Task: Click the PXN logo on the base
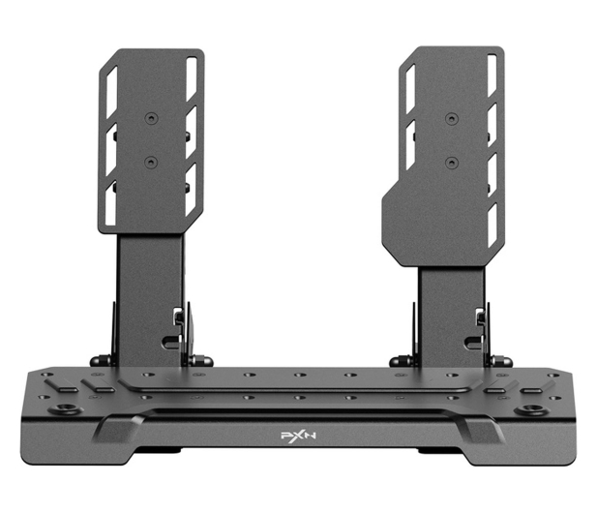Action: pos(298,436)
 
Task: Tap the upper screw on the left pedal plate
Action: pos(151,118)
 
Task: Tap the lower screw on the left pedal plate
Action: pos(151,163)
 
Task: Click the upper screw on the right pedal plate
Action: pos(452,119)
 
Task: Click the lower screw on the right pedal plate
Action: pos(452,163)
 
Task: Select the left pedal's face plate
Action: pos(152,141)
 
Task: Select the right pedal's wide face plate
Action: pos(443,156)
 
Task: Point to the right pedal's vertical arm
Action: pos(451,317)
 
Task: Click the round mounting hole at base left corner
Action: pos(66,409)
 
